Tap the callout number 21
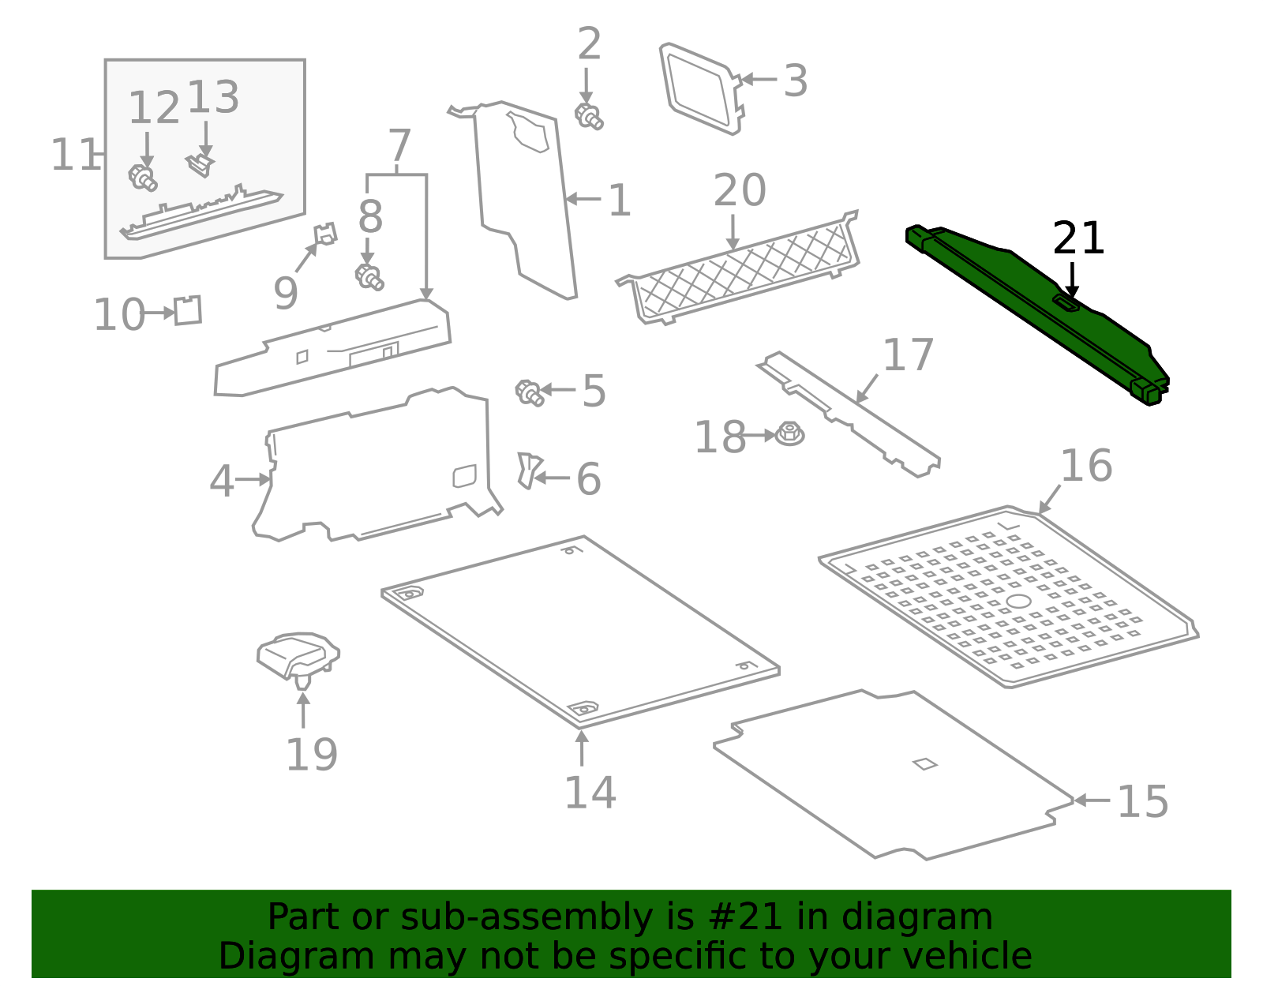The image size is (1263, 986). tap(1078, 238)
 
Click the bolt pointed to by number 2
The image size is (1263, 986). tap(589, 117)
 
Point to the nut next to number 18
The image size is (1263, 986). tap(789, 433)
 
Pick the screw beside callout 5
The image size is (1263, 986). tap(529, 392)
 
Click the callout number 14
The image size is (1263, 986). tap(590, 792)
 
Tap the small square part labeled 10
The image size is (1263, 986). tap(188, 310)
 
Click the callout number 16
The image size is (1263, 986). tap(1086, 466)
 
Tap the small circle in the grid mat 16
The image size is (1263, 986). tap(1018, 602)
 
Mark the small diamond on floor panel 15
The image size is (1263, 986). tap(924, 763)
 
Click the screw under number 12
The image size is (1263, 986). tap(143, 177)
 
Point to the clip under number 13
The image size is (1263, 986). tap(201, 164)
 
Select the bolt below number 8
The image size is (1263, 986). tap(369, 276)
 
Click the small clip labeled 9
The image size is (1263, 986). tap(325, 234)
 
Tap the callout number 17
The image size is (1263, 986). tap(908, 355)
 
